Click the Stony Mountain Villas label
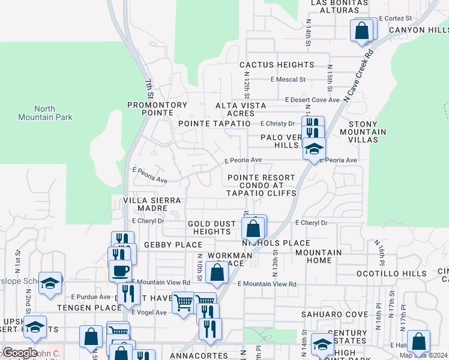[x=363, y=131]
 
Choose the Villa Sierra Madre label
[x=145, y=204]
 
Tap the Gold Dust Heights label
[x=212, y=228]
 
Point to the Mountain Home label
[x=318, y=257]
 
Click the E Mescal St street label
[x=288, y=79]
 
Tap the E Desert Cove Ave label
[x=312, y=100]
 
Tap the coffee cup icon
[x=119, y=270]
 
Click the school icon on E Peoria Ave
[x=313, y=149]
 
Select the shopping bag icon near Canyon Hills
[x=362, y=31]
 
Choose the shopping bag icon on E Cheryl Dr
[x=253, y=229]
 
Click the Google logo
[x=20, y=353]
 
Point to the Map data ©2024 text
[x=424, y=355]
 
